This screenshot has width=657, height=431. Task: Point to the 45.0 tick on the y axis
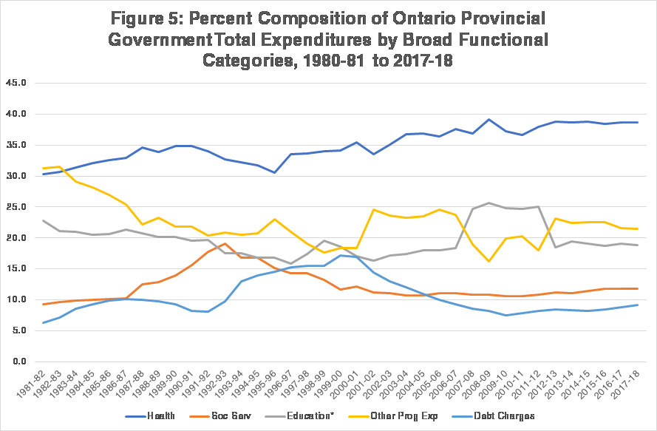pos(16,83)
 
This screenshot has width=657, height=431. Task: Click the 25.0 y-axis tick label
pos(16,207)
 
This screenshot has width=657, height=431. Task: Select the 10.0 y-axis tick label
pos(16,300)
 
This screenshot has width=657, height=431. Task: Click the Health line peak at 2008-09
pos(489,119)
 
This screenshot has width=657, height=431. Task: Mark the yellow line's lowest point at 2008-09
pos(489,261)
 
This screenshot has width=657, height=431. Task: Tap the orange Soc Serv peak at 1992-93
pos(224,243)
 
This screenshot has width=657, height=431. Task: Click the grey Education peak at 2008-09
pos(489,203)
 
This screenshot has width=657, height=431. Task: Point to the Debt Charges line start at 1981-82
pos(44,322)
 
